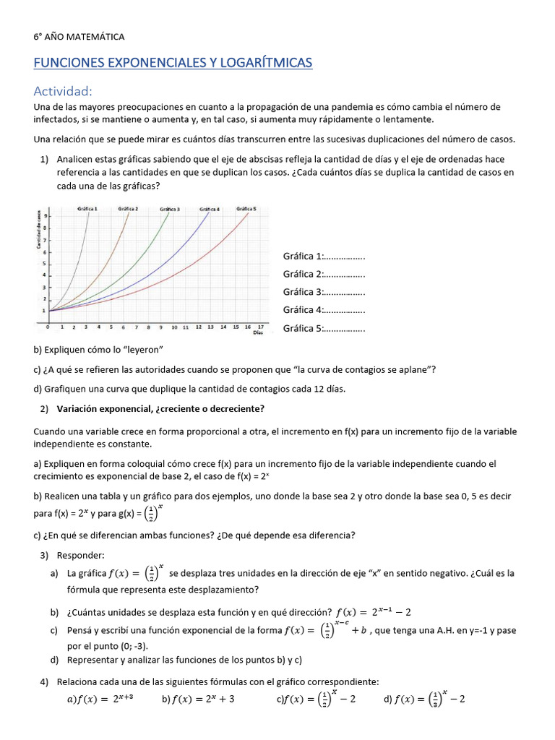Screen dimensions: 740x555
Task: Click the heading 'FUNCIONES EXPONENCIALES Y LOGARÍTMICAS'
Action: point(173,64)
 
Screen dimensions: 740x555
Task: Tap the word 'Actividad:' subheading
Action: point(63,91)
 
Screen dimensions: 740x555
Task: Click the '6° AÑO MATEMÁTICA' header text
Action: point(79,36)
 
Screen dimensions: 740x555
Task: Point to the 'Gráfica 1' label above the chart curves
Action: point(87,209)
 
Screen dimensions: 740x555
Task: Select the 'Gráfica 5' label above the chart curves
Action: point(246,209)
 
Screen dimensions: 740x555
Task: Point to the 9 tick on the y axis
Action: point(46,216)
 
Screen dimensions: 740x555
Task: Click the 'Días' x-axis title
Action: point(258,333)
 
